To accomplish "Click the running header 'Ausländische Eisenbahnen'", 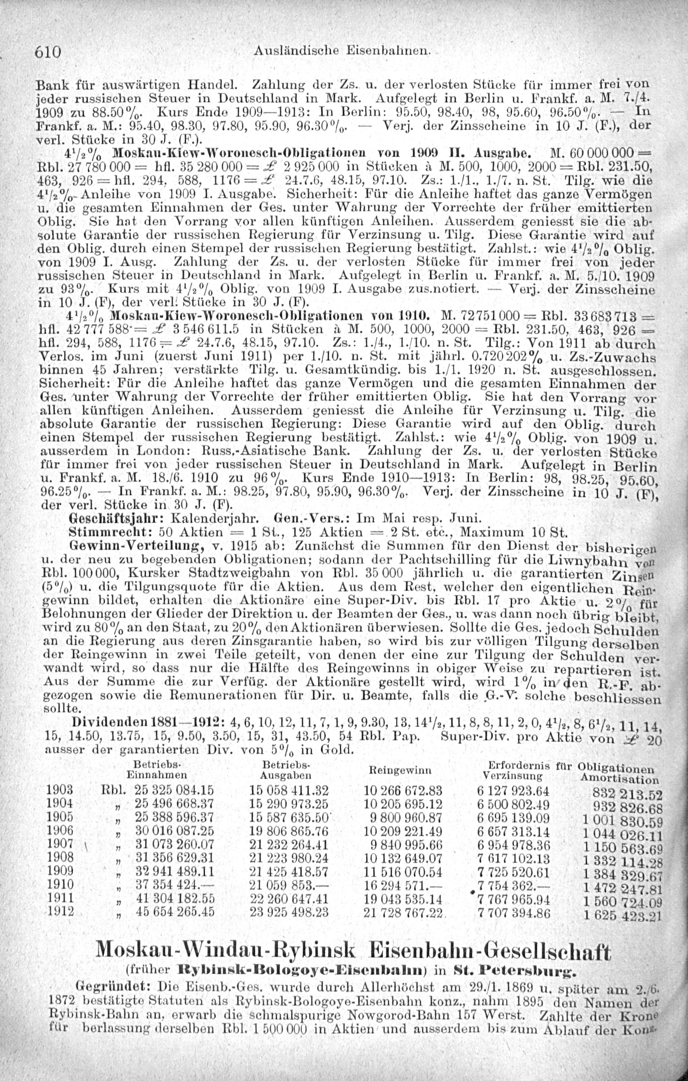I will [x=342, y=52].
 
